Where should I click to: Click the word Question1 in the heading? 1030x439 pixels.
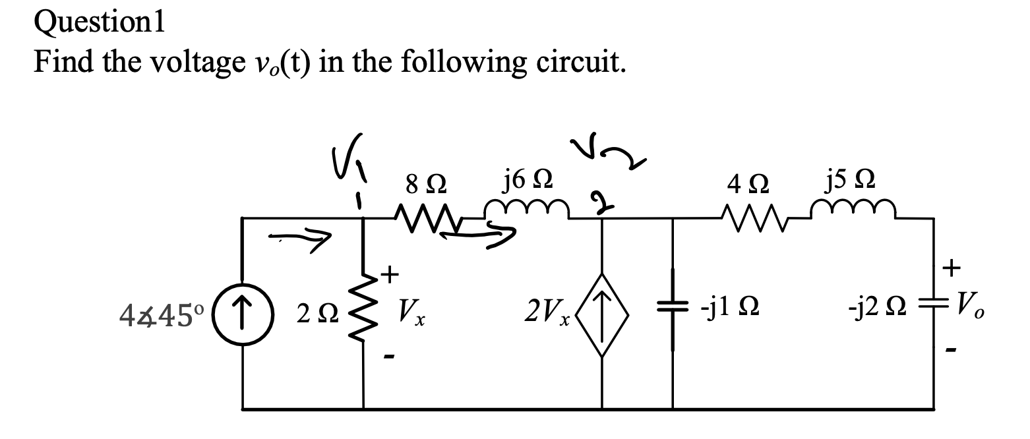100,24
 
